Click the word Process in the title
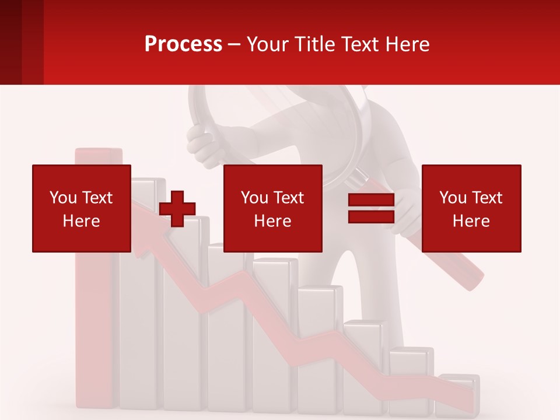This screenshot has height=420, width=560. pos(183,44)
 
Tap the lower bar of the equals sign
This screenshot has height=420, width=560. pos(371,217)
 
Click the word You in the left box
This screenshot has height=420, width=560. pos(63,198)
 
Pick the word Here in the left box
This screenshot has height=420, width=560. pos(81,221)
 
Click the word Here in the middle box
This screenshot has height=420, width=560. pos(272,221)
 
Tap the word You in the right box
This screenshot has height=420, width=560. pos(453,198)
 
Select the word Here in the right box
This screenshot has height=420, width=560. pos(471,221)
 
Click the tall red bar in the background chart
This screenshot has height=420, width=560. pos(93,327)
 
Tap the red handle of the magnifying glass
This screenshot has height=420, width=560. pos(461,262)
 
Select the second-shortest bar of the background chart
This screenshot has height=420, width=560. pos(411,379)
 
